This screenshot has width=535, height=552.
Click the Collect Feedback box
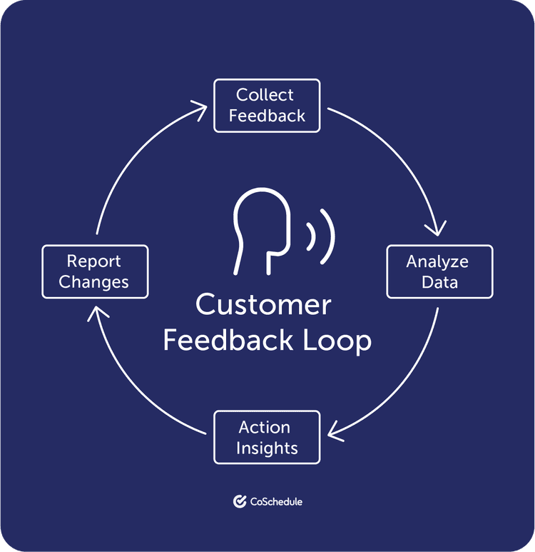coord(267,106)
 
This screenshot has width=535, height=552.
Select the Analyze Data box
coord(439,271)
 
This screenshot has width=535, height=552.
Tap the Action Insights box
coord(267,437)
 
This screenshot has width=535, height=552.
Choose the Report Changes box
coord(95,271)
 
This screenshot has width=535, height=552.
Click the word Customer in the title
coord(263,305)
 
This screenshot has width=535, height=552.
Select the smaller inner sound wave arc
coord(312,236)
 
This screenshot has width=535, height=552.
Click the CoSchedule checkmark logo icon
coord(240,501)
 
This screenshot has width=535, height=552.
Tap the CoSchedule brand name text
coord(276,502)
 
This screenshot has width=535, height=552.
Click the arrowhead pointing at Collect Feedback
coord(203,106)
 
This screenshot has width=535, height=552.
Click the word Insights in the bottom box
coord(267,448)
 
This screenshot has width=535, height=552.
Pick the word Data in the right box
coord(439,281)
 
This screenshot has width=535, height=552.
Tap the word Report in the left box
coord(94,261)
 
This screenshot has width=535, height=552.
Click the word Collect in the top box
coord(265,95)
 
